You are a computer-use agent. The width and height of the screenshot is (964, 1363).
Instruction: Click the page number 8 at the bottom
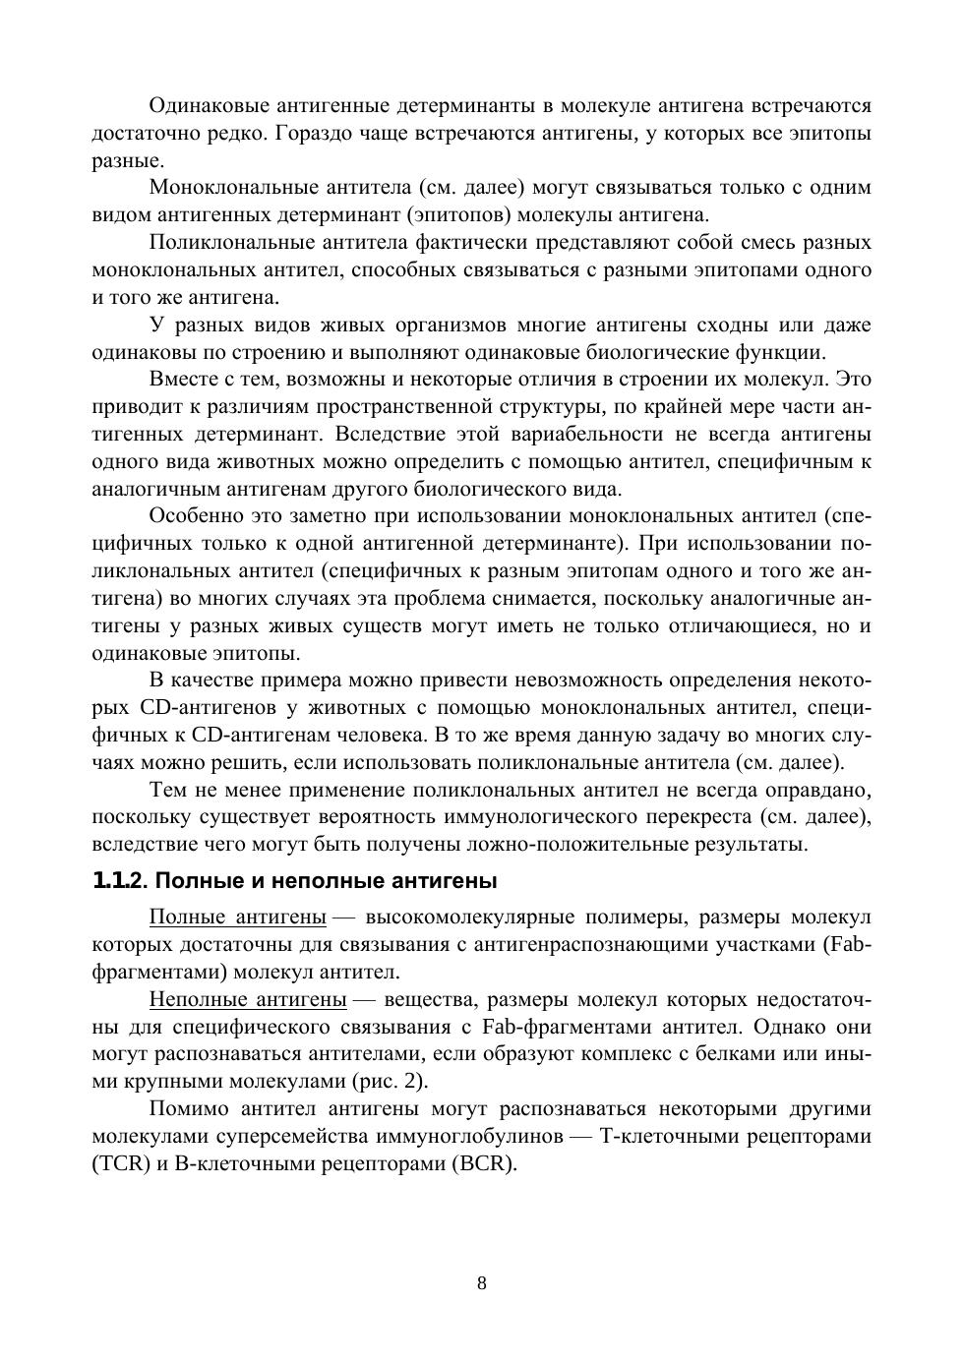481,1282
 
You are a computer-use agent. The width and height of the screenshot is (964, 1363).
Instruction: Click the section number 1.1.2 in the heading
118,879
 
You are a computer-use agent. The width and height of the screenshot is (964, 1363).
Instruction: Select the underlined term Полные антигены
237,918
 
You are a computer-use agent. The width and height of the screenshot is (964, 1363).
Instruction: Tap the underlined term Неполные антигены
248,1000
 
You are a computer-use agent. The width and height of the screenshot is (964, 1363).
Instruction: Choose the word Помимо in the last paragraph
188,1109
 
